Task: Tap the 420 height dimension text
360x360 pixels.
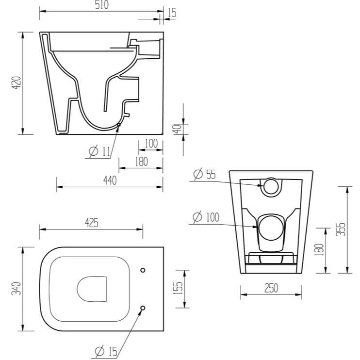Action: coord(16,83)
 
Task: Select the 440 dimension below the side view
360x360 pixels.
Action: coord(110,180)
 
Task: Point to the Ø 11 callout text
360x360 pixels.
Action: coord(99,152)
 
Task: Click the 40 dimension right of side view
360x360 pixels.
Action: coord(177,129)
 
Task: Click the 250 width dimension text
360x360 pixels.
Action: coord(271,288)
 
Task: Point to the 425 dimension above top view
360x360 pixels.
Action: coord(91,223)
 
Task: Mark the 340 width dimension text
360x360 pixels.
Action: coord(16,290)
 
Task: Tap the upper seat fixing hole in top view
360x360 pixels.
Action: coord(143,270)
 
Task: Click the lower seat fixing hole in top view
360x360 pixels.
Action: coord(143,308)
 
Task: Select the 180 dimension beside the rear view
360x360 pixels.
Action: coord(318,249)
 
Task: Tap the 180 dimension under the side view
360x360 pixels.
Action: coord(141,162)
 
